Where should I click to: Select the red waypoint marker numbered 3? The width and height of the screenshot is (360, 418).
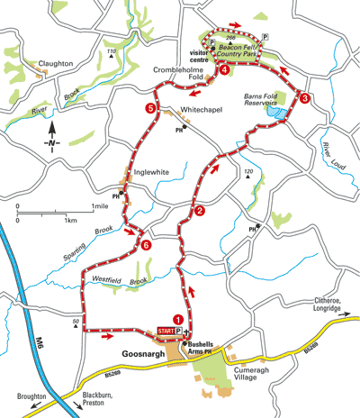tap(305, 98)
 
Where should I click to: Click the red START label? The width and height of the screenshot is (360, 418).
tap(168, 332)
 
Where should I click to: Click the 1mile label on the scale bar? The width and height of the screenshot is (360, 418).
tap(102, 208)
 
